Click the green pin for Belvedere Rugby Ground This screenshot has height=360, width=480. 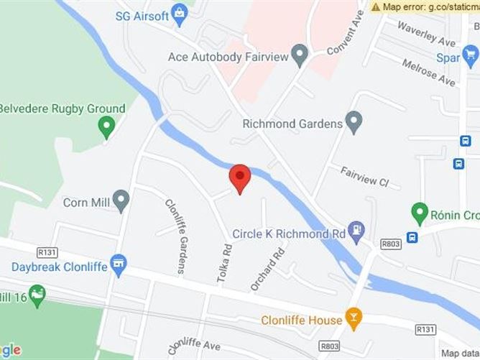tap(107, 127)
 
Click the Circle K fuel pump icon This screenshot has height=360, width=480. tap(356, 231)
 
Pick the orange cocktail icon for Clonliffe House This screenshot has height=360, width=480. tap(354, 316)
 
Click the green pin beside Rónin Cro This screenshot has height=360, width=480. tap(420, 213)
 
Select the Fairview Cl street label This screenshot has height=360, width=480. tap(364, 177)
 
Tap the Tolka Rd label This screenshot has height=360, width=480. tap(225, 260)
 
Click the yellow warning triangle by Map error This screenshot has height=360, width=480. tap(376, 6)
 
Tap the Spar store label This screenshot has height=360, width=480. tap(447, 57)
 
